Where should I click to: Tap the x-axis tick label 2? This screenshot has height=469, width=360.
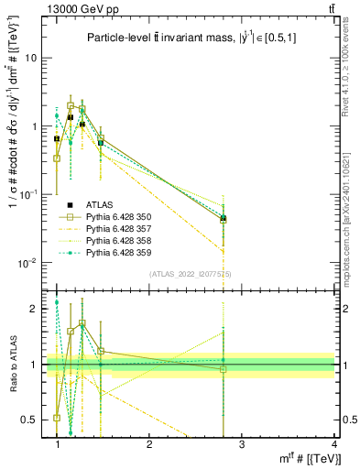pyautogui.click(x=149, y=445)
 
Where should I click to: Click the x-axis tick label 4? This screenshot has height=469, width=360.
pyautogui.click(x=333, y=445)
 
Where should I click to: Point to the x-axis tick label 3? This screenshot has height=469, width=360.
pyautogui.click(x=241, y=445)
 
